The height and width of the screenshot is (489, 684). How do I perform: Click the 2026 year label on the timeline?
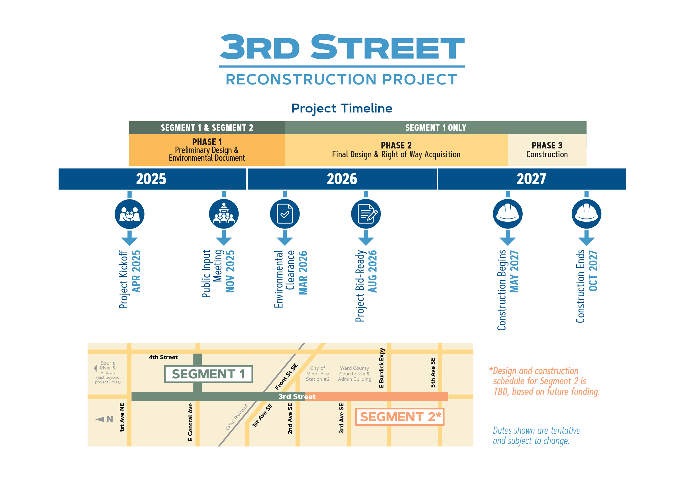coord(342,179)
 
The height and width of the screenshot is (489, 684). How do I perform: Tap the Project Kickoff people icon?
coord(129,214)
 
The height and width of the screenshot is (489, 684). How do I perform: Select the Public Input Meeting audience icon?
coord(224,214)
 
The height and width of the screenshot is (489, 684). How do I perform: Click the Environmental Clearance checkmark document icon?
coord(284,214)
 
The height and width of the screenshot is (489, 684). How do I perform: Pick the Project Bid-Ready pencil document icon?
coord(366,214)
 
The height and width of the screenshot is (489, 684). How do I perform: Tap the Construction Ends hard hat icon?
coord(586,214)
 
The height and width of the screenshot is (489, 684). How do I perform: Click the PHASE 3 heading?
coord(547,146)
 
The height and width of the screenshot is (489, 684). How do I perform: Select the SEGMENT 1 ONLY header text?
coord(435,128)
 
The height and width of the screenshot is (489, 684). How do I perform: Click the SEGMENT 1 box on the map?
coord(208,374)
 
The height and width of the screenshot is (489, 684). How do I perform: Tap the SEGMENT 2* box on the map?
coord(400,417)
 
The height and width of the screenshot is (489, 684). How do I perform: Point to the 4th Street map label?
coord(163,357)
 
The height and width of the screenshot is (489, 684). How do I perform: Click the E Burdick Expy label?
coord(381,368)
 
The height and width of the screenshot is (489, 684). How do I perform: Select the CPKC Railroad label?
coord(237,417)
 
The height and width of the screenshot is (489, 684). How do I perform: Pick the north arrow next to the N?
coord(99,419)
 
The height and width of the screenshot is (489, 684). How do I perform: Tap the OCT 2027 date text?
coord(593,271)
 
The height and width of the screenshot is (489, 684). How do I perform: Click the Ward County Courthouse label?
coord(354,373)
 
